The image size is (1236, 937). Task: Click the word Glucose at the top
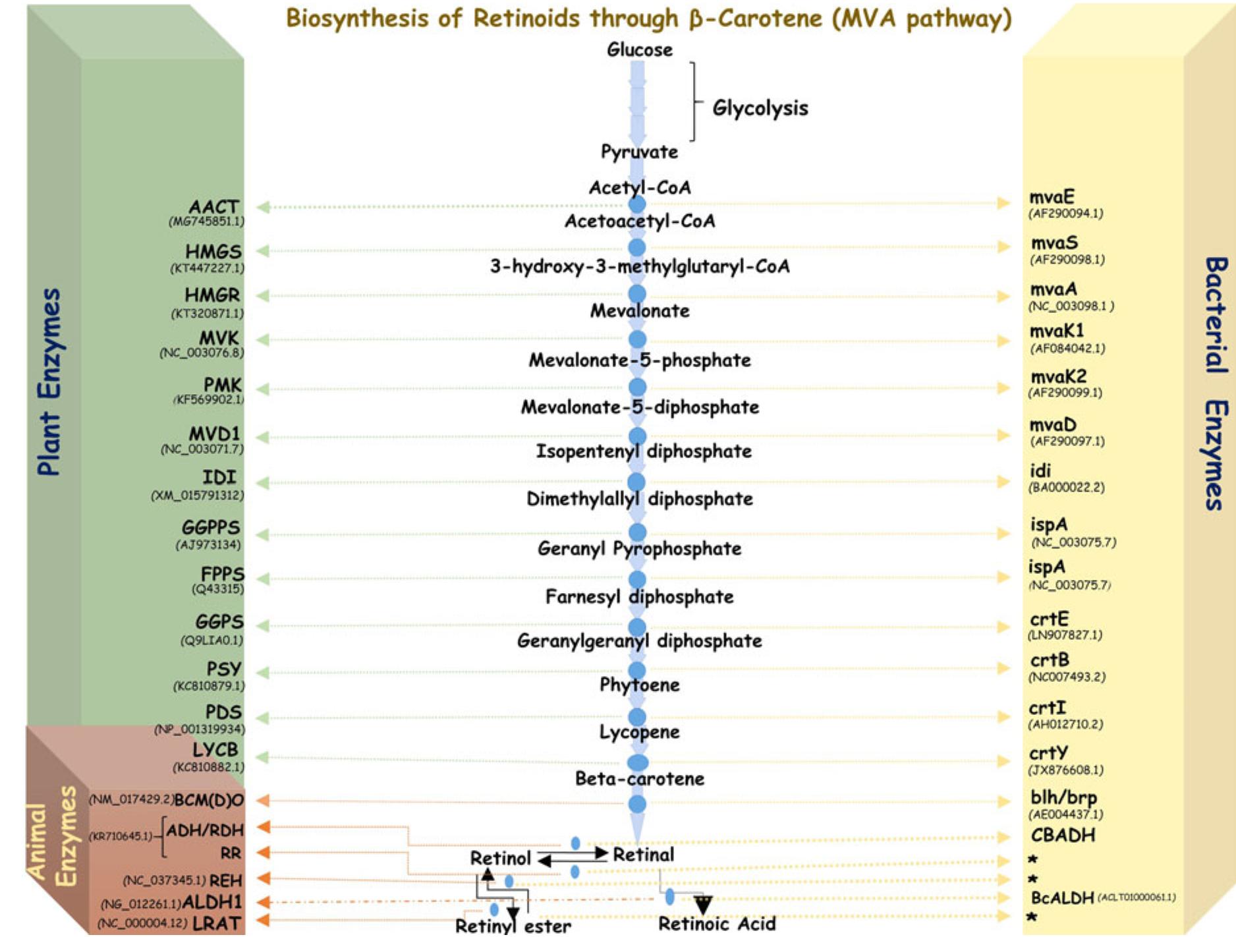pos(639,49)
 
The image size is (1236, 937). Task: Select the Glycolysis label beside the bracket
pos(760,108)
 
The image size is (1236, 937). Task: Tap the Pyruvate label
pos(639,152)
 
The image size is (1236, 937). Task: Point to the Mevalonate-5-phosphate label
pos(639,360)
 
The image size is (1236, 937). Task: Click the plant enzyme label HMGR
pos(212,295)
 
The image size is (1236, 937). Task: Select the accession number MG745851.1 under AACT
pos(206,221)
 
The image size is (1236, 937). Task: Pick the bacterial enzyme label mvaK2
pos(1058,376)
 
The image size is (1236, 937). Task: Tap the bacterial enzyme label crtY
pos(1048,752)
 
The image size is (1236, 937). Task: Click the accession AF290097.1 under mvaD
pos(1067,441)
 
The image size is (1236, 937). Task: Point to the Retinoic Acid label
pos(717,924)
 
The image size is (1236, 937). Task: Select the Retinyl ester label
pos(513,926)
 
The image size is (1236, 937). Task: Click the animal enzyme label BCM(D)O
pos(209,800)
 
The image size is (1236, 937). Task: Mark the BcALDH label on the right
pos(1061,897)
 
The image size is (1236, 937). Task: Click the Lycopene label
pos(639,731)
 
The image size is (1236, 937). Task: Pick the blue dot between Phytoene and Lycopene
pos(636,716)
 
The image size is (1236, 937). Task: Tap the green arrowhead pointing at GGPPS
pos(262,534)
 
